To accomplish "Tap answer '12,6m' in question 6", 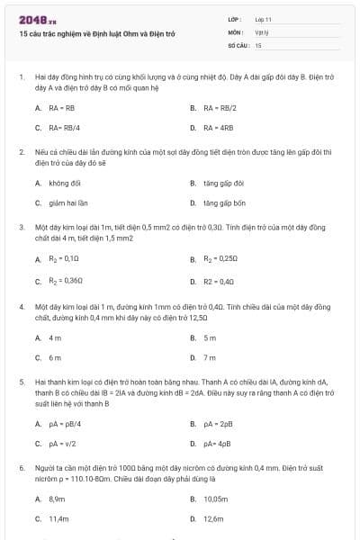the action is [213, 518].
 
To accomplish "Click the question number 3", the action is [21, 227].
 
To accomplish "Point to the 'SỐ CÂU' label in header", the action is [238, 44].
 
